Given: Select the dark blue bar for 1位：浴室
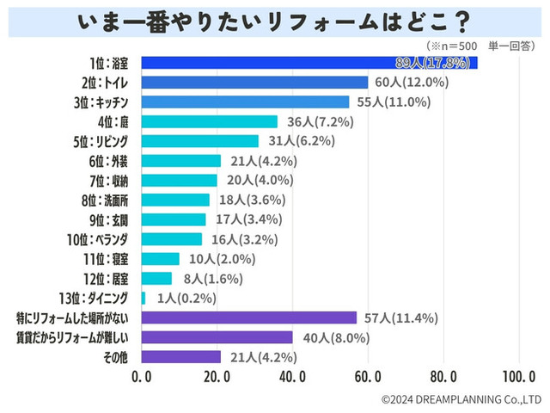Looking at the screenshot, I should tap(309, 63).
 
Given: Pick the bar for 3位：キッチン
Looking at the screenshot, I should tap(244, 102).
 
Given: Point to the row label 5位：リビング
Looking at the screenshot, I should tap(104, 141).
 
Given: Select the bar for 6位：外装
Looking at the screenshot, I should tap(180, 161).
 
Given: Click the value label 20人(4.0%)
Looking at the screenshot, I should tap(255, 180).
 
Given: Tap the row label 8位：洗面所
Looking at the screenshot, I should tap(107, 200).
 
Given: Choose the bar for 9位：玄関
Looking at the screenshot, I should tap(173, 219).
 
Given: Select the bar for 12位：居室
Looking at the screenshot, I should tap(156, 278).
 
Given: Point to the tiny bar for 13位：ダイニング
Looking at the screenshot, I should tap(143, 298).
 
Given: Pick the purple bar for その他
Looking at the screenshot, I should tap(180, 356).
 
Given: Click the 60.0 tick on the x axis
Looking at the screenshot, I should tap(368, 377).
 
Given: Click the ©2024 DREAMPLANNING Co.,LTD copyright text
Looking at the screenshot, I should tap(461, 399).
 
